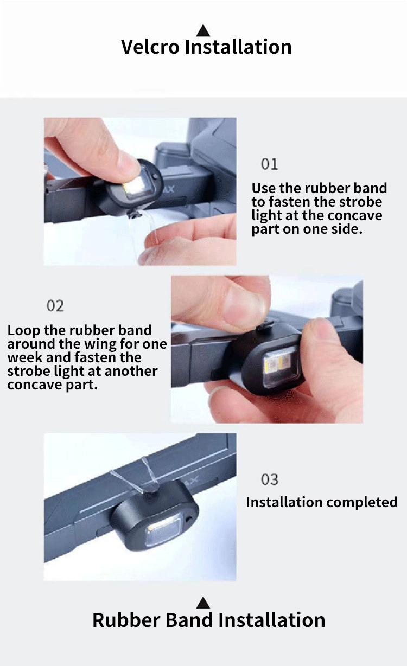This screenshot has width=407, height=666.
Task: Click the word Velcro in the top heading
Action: (x=150, y=47)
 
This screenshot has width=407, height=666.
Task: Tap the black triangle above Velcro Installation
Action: (x=203, y=30)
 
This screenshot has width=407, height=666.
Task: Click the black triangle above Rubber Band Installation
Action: (x=203, y=603)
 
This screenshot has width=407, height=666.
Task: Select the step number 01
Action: (x=270, y=164)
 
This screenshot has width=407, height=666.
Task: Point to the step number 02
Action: (x=55, y=306)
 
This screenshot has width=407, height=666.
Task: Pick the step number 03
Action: (x=270, y=479)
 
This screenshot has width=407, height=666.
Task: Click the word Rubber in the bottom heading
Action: (x=126, y=620)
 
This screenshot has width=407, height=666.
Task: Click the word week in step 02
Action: (x=25, y=357)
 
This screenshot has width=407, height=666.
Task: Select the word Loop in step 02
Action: (x=23, y=331)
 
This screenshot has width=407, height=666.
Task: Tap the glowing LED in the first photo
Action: (x=133, y=188)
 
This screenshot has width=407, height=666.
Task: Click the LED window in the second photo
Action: (x=279, y=366)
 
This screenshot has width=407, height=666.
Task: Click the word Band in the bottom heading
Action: (x=189, y=620)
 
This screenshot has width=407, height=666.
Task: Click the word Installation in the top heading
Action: (x=238, y=47)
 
